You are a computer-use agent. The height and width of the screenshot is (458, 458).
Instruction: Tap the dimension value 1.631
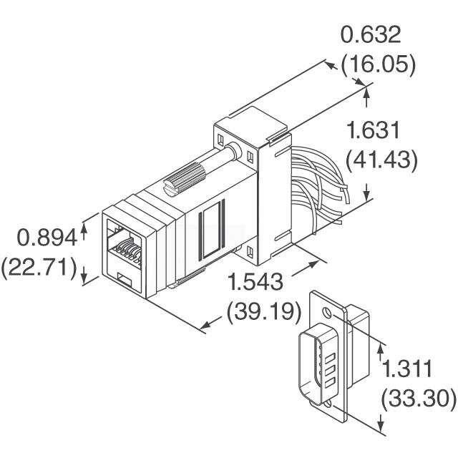[x=381, y=131]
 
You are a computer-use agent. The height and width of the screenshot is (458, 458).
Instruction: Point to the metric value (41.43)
[x=381, y=160]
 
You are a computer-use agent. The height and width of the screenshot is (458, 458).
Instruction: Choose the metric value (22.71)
[x=39, y=268]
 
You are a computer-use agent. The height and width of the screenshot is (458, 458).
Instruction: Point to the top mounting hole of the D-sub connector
[x=326, y=313]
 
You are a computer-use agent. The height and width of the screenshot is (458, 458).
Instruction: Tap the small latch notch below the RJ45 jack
[x=122, y=278]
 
